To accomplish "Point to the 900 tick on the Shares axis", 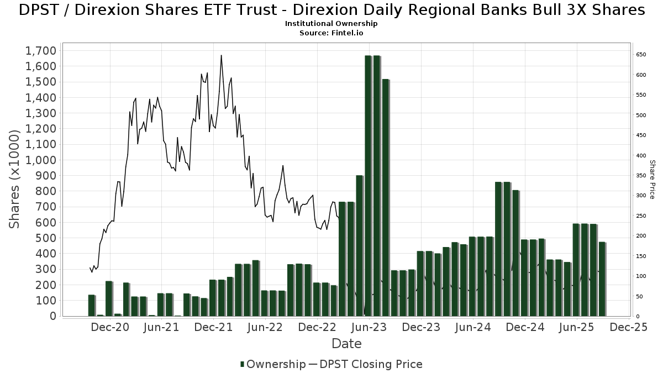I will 45,176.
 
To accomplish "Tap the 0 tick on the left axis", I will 52,316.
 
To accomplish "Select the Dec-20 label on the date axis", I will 110,327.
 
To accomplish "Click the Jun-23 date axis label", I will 369,327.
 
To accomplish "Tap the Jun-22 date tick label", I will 265,327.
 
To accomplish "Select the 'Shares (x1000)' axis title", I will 15,178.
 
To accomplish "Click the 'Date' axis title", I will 346,344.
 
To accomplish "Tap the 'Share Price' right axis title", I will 652,180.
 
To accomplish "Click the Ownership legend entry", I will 273,364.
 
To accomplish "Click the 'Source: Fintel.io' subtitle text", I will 331,33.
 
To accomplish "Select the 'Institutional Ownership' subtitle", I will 331,24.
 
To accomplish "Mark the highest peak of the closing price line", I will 221,55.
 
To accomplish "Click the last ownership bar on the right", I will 602,279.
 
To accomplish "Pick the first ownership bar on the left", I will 92,306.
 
